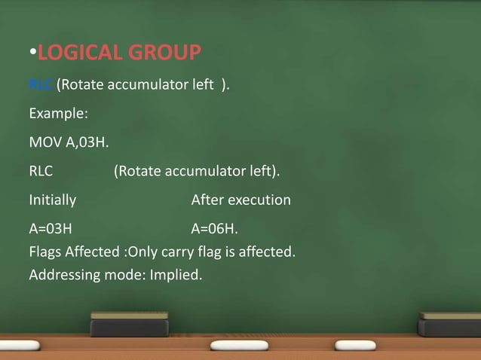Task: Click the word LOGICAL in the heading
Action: tap(82, 53)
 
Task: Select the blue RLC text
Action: tap(41, 86)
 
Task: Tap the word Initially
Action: tap(52, 200)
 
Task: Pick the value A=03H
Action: tap(51, 229)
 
